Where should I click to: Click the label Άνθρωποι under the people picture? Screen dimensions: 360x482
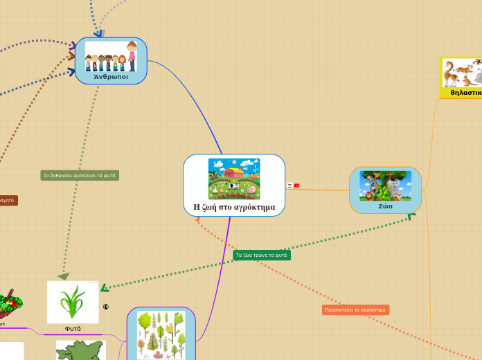[x=111, y=77]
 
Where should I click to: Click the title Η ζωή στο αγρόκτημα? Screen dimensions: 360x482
[x=234, y=206]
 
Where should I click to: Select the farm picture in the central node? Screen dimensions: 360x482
[x=234, y=179]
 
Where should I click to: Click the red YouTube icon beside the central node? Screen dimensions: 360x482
[x=296, y=186]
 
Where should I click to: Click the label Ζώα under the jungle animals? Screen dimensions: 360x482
[x=385, y=206]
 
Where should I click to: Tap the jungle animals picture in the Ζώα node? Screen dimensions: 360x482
[x=385, y=185]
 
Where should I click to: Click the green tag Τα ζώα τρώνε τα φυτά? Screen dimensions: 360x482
[x=262, y=255]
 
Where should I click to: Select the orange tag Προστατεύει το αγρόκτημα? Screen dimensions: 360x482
[x=355, y=309]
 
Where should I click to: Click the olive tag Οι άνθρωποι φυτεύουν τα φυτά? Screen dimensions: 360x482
[x=80, y=175]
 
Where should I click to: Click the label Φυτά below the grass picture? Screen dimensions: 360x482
[x=73, y=328]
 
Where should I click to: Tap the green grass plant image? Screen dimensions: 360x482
[x=73, y=302]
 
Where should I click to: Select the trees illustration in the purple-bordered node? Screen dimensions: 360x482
[x=161, y=334]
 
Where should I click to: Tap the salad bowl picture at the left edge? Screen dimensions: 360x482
[x=10, y=303]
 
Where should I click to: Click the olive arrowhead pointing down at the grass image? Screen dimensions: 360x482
[x=64, y=276]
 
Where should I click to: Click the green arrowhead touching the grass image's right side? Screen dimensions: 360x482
[x=105, y=287]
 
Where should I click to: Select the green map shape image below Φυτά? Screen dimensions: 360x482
[x=80, y=350]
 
